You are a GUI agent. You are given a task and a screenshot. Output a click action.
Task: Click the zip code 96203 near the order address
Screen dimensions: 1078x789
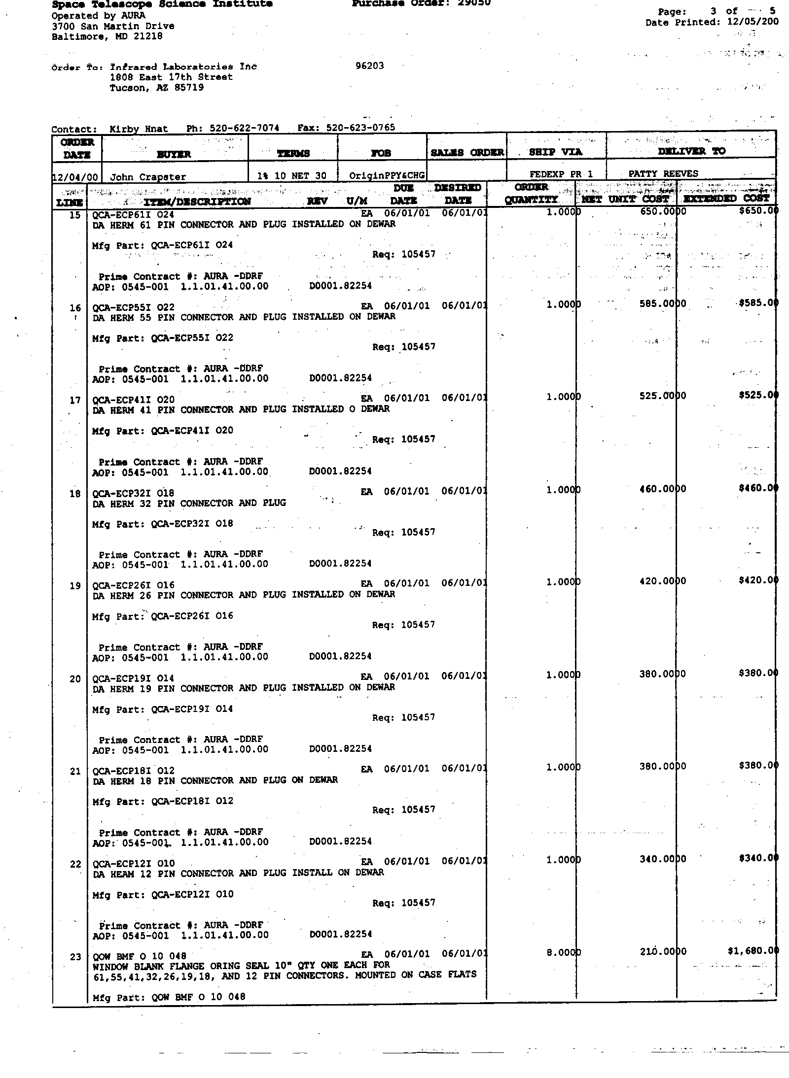pos(369,66)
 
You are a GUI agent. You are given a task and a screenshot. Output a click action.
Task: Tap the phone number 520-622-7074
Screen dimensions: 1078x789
pos(244,128)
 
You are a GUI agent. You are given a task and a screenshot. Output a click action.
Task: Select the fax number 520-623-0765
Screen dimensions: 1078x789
pos(360,128)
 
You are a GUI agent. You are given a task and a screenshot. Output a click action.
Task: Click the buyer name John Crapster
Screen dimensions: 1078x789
pos(147,176)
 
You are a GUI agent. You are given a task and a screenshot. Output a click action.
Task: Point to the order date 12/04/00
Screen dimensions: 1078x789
pos(75,176)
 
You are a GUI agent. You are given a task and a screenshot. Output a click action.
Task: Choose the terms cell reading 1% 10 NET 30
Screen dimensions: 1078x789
pos(292,175)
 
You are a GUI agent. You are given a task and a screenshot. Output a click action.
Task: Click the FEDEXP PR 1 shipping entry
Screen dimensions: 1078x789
pos(561,174)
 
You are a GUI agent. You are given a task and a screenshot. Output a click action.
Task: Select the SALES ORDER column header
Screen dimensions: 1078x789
pos(467,153)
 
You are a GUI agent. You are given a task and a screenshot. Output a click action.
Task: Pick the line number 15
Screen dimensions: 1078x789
pos(74,215)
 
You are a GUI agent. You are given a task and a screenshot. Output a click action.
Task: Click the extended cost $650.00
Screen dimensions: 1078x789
pos(757,211)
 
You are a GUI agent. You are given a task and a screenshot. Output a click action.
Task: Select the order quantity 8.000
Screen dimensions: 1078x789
pos(563,952)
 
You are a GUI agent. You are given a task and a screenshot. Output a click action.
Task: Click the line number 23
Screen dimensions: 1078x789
pos(75,957)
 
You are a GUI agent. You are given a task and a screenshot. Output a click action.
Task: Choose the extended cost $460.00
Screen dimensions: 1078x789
pos(757,488)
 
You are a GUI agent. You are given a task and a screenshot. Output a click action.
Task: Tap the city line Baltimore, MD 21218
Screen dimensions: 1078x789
pos(107,36)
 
